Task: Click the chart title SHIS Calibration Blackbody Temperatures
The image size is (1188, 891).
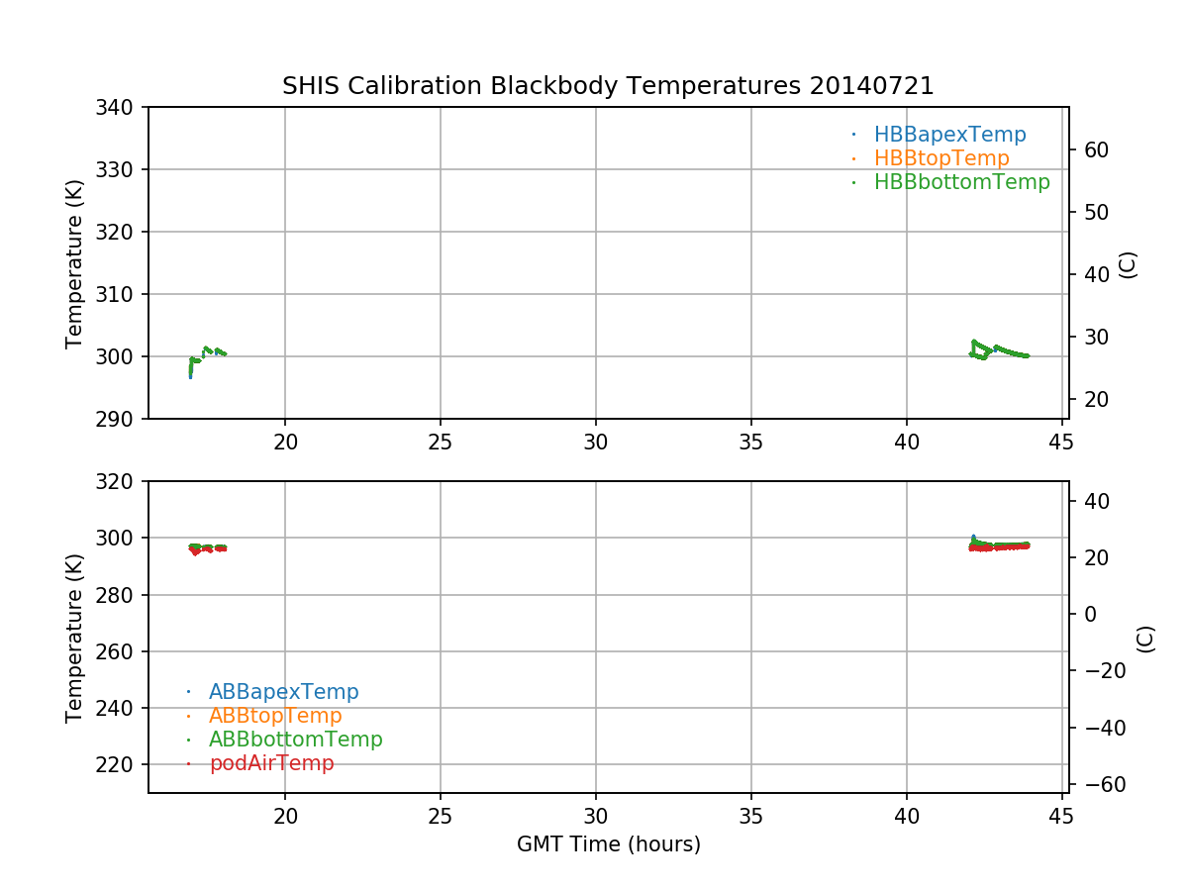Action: [x=541, y=86]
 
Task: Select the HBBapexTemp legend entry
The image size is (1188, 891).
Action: [x=949, y=135]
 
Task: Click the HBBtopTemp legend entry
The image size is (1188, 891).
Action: [x=940, y=158]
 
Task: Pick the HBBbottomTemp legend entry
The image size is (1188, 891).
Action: [x=961, y=182]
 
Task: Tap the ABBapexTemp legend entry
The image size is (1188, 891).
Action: [x=283, y=692]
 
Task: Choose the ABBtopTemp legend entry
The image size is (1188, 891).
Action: [x=275, y=716]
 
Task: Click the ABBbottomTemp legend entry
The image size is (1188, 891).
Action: [x=295, y=740]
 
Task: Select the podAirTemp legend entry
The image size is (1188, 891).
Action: [x=271, y=763]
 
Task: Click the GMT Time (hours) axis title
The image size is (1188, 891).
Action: [x=608, y=844]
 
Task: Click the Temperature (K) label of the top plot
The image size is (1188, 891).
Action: [x=75, y=263]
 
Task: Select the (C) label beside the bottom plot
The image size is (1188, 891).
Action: [x=1145, y=639]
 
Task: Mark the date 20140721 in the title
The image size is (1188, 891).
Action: [x=871, y=86]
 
